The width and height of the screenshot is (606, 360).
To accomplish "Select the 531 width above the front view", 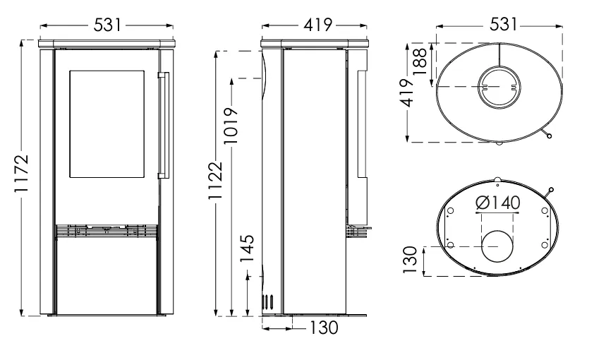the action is [x=107, y=25].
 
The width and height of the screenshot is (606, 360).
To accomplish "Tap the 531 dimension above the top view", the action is [x=503, y=25].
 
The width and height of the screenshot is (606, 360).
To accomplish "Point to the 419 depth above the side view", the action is [x=317, y=25].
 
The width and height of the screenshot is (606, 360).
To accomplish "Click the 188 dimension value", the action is [x=420, y=61].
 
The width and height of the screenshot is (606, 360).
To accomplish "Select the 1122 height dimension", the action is [x=216, y=181].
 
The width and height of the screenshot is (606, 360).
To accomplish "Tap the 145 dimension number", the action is [x=248, y=248].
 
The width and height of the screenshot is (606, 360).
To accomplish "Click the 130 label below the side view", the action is [x=324, y=328].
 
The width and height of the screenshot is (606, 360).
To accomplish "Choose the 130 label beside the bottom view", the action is [x=411, y=260].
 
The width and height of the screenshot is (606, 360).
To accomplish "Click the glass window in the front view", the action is [x=107, y=124].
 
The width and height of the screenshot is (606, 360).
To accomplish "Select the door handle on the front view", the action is [x=164, y=125].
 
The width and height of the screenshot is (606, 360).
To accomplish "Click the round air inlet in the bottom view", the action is [x=497, y=246].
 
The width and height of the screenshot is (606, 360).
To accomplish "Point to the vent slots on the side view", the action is [x=268, y=301].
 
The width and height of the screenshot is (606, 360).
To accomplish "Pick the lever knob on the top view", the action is [x=549, y=136].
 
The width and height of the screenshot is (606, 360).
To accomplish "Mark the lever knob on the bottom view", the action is [x=551, y=190].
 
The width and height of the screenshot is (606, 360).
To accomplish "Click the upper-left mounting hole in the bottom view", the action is [x=450, y=211].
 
